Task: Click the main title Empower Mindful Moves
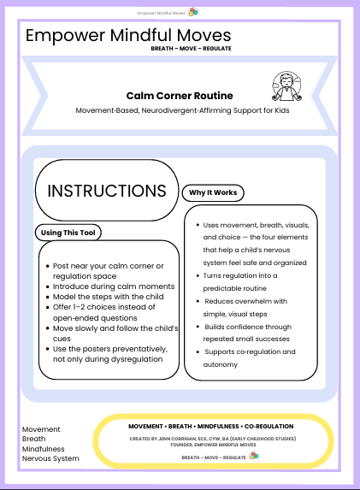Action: pos(128,36)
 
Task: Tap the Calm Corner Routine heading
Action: pos(179,96)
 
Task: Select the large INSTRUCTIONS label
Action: pos(107,190)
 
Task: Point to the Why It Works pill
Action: pos(214,192)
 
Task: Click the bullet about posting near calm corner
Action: pos(106,271)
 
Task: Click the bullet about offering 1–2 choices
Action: pos(103,311)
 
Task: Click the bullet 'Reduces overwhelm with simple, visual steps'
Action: pos(250,307)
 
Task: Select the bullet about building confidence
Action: pos(251,332)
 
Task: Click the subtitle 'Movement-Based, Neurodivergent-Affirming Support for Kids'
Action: pos(179,111)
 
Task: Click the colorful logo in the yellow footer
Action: pos(253,457)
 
